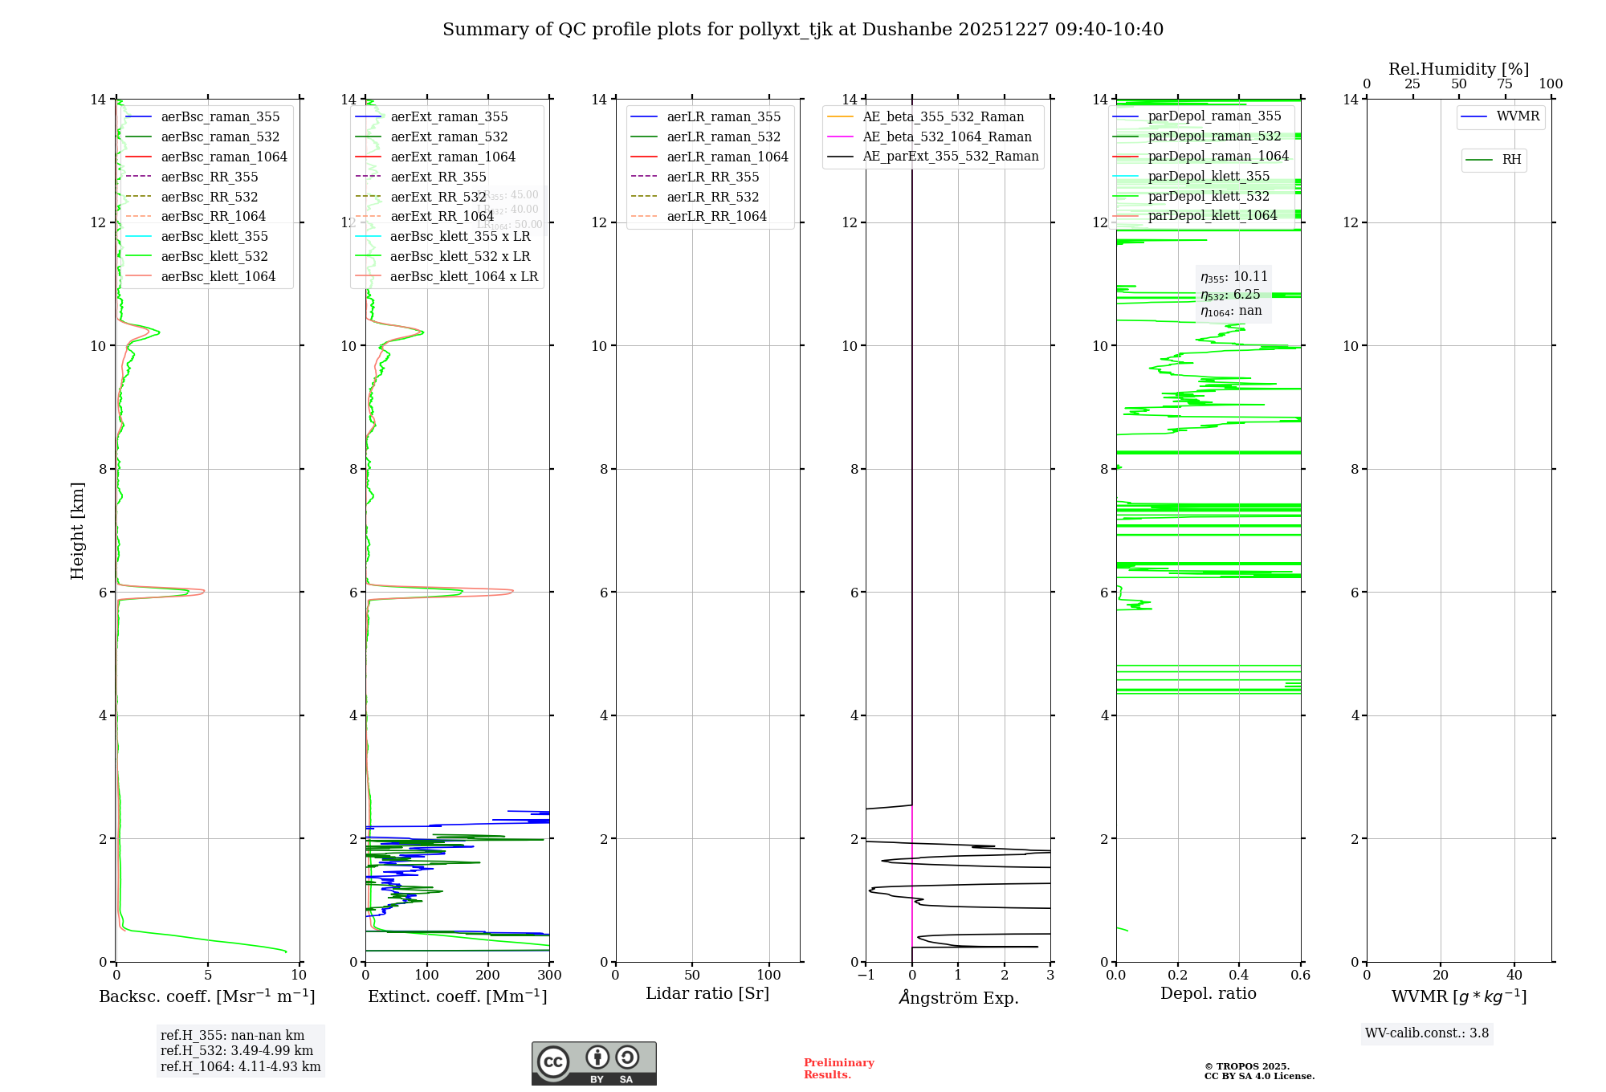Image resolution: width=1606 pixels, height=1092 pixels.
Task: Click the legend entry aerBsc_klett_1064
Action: click(218, 276)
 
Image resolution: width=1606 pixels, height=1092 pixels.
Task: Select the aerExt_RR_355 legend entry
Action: click(438, 177)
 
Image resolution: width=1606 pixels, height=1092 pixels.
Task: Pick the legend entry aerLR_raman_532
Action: click(724, 136)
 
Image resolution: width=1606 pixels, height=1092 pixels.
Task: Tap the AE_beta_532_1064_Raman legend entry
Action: click(947, 136)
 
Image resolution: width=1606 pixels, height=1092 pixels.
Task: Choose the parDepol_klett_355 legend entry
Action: click(1209, 176)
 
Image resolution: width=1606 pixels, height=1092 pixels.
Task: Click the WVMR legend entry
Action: click(1518, 116)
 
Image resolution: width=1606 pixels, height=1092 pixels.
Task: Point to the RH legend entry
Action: click(1511, 160)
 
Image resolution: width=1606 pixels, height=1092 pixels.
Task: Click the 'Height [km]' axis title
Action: click(77, 530)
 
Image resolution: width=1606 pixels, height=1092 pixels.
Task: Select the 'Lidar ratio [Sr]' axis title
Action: click(707, 993)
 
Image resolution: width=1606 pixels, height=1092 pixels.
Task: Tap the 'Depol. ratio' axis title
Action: click(1208, 993)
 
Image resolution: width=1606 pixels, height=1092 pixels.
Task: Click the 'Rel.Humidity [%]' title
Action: click(1458, 69)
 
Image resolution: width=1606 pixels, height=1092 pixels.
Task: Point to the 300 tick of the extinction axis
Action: click(549, 975)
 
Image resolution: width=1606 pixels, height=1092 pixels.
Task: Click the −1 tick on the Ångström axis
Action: click(866, 975)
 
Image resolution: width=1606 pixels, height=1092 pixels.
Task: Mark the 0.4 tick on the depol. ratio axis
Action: click(1239, 975)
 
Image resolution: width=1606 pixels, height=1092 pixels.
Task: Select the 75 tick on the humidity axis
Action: click(1505, 84)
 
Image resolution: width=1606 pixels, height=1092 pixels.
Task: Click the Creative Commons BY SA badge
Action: click(593, 1063)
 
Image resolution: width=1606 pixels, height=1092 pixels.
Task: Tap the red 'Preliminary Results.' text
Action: click(838, 1068)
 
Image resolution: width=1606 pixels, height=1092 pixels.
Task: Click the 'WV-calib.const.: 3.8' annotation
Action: click(1427, 1033)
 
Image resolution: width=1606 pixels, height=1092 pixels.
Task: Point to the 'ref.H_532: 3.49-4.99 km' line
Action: click(237, 1050)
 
